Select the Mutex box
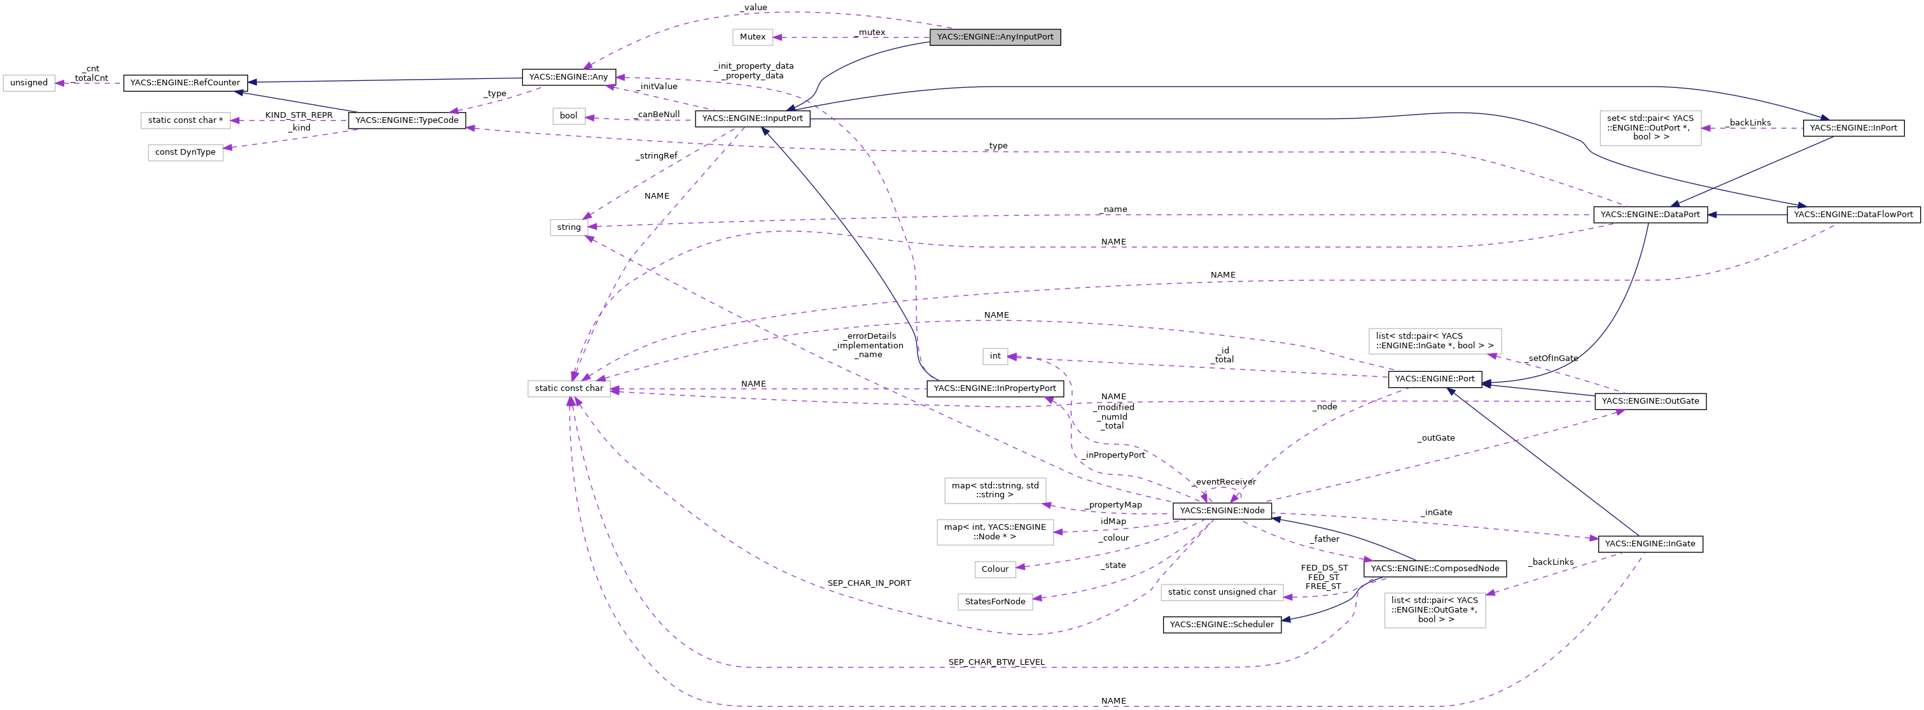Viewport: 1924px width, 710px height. pos(752,37)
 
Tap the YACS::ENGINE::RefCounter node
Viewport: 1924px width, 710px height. pos(185,83)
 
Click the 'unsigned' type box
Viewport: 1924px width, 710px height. pos(29,83)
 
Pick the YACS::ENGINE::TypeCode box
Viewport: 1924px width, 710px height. pos(407,120)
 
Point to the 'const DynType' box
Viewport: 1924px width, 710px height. pos(185,152)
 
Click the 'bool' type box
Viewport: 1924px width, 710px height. pos(568,116)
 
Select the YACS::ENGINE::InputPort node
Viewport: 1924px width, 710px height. pos(752,118)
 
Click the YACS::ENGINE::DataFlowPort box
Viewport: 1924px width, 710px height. pos(1852,215)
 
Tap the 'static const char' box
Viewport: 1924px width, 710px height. pos(568,388)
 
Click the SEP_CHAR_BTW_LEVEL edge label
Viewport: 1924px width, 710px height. pos(996,662)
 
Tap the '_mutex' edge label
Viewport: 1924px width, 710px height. pos(872,32)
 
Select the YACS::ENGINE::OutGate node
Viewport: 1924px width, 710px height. pos(1649,401)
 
